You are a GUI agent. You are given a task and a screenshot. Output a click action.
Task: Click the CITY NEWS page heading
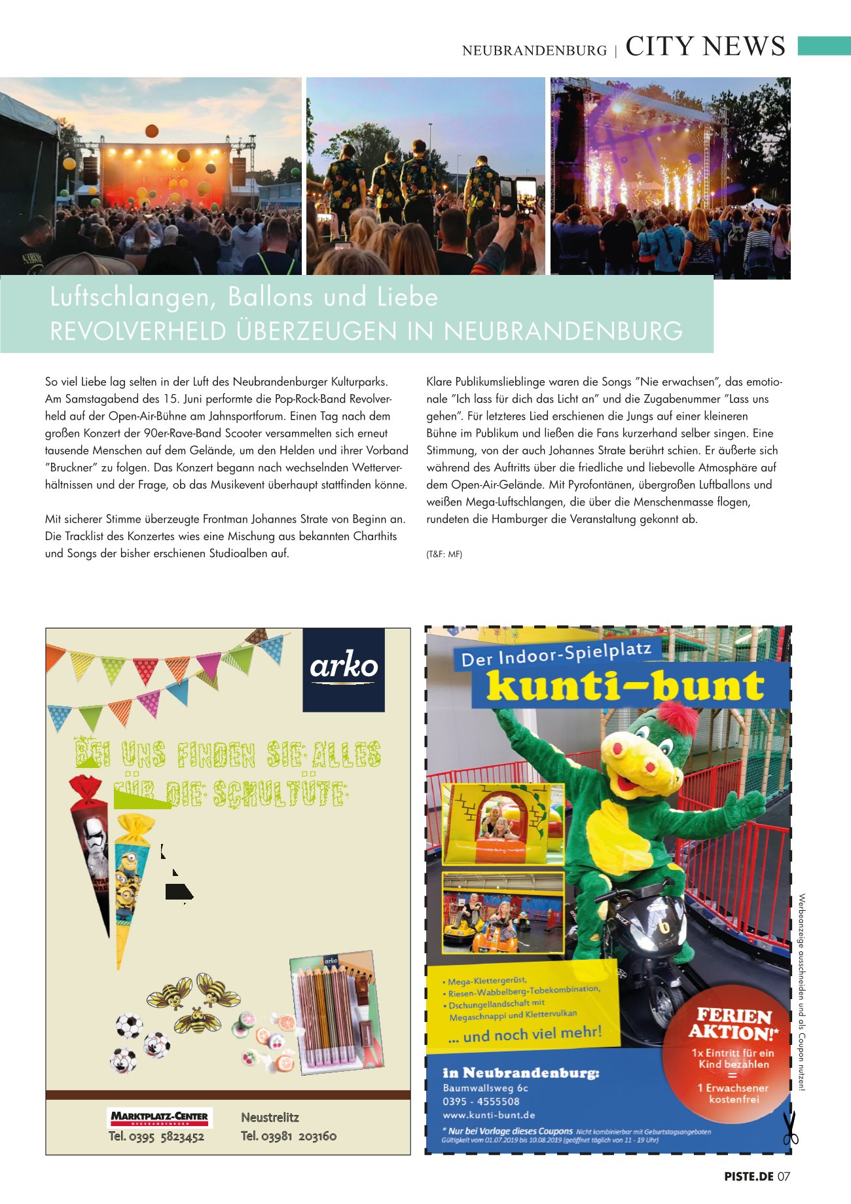click(x=705, y=46)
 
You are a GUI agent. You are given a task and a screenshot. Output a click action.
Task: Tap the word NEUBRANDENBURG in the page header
click(x=534, y=50)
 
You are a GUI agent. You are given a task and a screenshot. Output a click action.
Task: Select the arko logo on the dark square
click(x=344, y=667)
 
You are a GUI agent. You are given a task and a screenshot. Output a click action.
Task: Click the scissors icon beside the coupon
click(x=790, y=1129)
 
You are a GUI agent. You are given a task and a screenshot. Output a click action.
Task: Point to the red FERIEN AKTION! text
click(x=733, y=1025)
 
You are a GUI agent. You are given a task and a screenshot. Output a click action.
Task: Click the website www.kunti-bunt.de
click(x=489, y=1115)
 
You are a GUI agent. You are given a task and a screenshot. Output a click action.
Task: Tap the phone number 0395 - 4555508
click(x=481, y=1101)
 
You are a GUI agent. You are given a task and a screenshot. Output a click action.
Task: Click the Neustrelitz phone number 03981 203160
click(x=289, y=1137)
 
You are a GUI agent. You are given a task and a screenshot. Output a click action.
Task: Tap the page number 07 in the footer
click(x=784, y=1177)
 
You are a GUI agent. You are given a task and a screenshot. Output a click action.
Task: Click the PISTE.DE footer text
click(x=749, y=1177)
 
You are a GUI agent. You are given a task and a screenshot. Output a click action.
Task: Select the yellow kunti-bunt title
click(x=625, y=686)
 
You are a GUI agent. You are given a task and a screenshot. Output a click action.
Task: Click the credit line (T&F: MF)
click(x=444, y=555)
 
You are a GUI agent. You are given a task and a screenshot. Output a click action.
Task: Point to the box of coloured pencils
click(x=335, y=1012)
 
